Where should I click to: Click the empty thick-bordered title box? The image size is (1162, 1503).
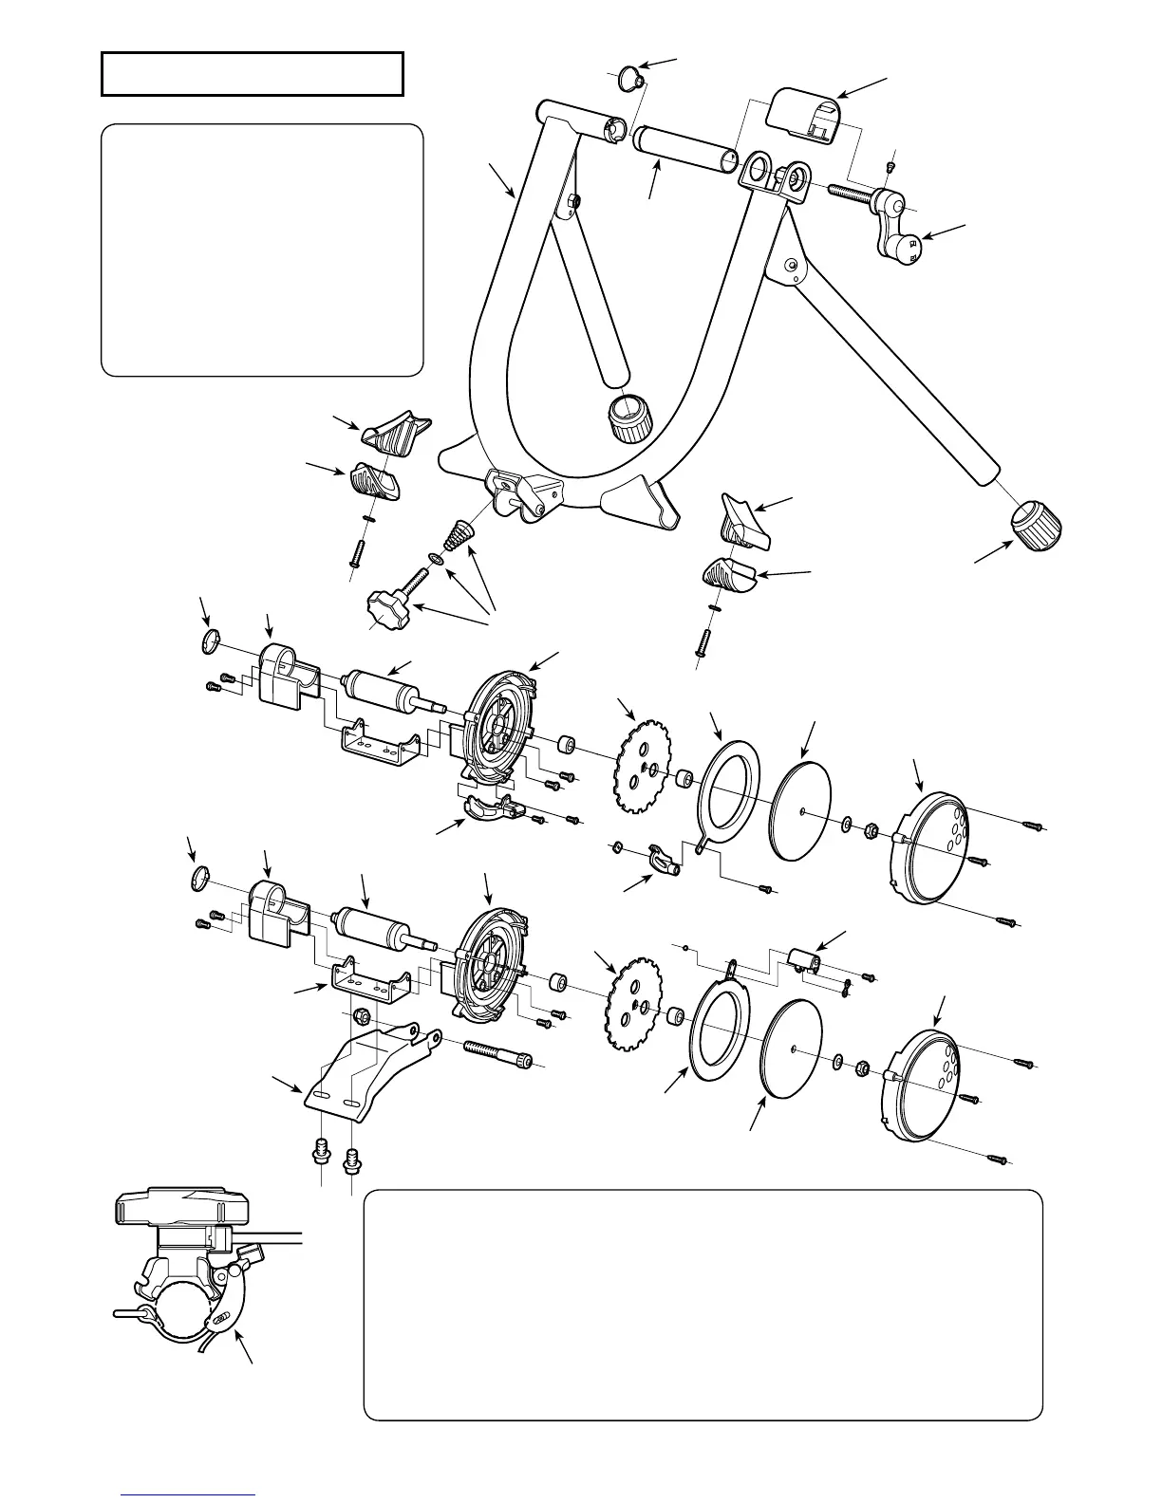pos(253,74)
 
